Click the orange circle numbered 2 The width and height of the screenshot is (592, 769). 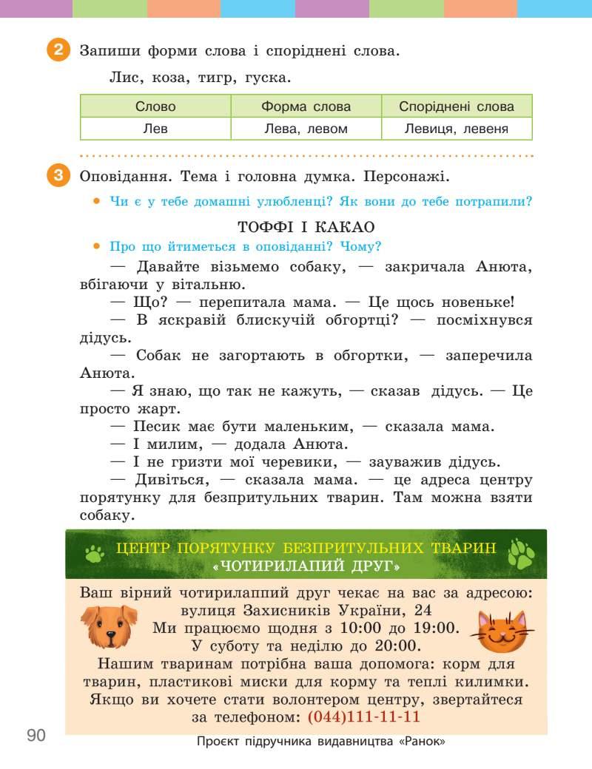pos(58,51)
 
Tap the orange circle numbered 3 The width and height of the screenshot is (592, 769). pos(58,177)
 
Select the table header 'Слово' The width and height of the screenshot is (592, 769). pos(155,106)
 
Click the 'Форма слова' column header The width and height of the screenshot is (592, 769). pos(306,106)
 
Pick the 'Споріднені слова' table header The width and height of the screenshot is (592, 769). pos(457,106)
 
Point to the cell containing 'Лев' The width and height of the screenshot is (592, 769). pos(155,129)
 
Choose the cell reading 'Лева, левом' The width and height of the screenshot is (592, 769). pos(306,129)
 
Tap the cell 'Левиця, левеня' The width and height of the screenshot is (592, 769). pos(457,129)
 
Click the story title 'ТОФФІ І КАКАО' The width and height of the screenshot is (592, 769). pos(306,227)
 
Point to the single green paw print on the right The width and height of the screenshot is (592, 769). pos(522,554)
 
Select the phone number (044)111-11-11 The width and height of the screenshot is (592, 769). pos(363,717)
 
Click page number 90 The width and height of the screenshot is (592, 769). pos(36,735)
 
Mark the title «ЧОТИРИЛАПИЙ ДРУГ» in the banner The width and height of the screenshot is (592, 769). pos(306,566)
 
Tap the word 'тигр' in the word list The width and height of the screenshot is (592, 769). pos(216,77)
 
